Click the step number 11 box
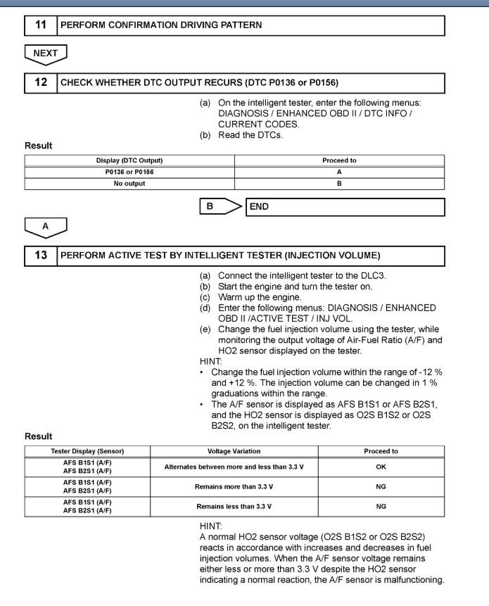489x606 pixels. tap(41, 25)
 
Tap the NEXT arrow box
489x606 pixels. tap(45, 53)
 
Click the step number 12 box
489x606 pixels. tap(41, 82)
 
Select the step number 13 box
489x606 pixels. tap(41, 255)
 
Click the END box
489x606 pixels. tap(345, 207)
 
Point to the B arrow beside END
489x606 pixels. tap(220, 207)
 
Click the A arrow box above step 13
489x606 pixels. tap(45, 227)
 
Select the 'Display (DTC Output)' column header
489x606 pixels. tap(129, 160)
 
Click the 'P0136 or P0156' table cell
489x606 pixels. tap(129, 172)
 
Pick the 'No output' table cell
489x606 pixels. tap(129, 184)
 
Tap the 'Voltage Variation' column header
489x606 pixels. tap(234, 451)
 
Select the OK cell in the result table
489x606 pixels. tap(381, 467)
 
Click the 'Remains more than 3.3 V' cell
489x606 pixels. tap(234, 486)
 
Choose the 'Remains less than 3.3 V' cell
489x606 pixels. tap(234, 506)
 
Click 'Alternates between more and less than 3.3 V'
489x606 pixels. tap(234, 467)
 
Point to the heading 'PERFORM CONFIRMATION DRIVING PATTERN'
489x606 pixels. tap(161, 25)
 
